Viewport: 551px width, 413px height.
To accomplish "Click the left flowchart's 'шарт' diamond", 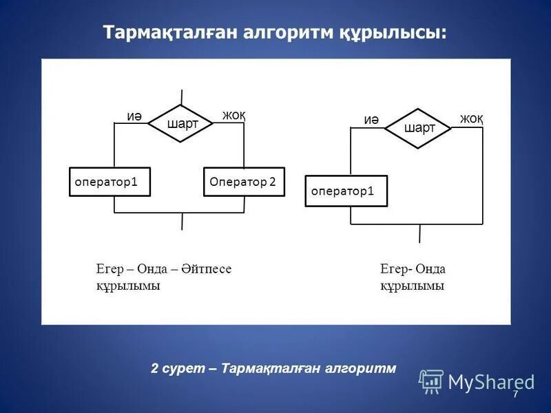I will point(182,124).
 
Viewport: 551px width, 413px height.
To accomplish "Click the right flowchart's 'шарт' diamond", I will point(418,128).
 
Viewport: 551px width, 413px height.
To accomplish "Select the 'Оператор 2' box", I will point(244,182).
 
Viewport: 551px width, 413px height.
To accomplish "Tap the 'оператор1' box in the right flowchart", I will point(346,191).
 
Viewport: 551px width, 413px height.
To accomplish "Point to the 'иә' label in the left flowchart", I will point(134,116).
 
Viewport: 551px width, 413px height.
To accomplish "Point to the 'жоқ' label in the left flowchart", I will point(233,115).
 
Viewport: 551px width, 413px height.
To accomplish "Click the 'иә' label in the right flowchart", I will point(371,120).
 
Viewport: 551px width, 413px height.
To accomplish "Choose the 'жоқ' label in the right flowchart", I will point(471,118).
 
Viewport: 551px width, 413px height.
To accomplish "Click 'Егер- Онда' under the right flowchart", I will point(413,269).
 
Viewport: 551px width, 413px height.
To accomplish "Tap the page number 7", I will point(514,393).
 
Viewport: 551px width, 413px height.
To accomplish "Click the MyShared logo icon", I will point(431,381).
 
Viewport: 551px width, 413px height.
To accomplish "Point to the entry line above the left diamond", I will point(182,97).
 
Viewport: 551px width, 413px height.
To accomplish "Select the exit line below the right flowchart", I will point(419,233).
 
